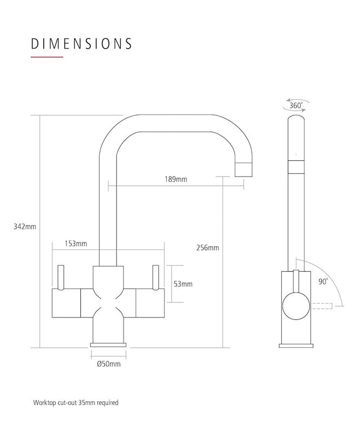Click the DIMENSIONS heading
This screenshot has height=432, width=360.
pos(81,43)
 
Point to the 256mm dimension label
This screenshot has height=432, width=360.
pos(208,248)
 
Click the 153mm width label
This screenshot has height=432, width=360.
pos(76,244)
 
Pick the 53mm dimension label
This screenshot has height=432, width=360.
pos(184,283)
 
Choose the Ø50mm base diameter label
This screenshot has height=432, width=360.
pos(108,364)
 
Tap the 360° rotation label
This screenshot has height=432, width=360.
pos(296,106)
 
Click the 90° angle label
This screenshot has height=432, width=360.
pos(323,281)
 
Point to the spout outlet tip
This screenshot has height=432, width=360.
pos(244,171)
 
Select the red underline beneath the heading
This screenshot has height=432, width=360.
pos(47,57)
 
